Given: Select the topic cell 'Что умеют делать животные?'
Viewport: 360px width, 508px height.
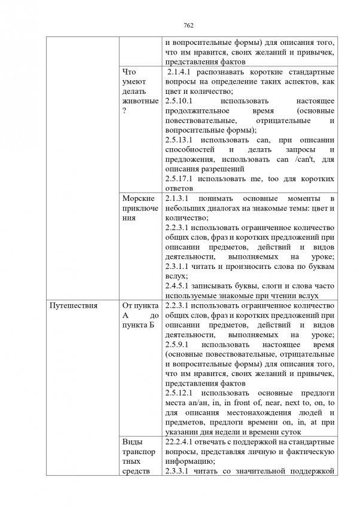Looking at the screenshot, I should pyautogui.click(x=137, y=96).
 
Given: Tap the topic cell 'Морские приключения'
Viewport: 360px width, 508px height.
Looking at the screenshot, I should pyautogui.click(x=138, y=207).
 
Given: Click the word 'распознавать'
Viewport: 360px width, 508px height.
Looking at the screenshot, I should pyautogui.click(x=230, y=72).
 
